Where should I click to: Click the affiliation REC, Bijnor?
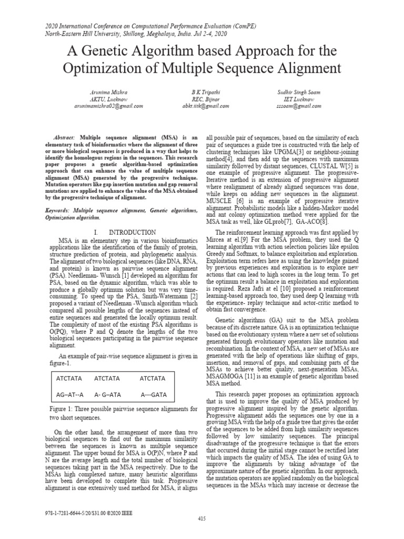pyautogui.click(x=204, y=99)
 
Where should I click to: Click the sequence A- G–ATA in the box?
pyautogui.click(x=107, y=395)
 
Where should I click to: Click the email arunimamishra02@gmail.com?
pyautogui.click(x=108, y=106)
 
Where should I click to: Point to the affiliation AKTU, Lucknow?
pyautogui.click(x=108, y=99)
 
